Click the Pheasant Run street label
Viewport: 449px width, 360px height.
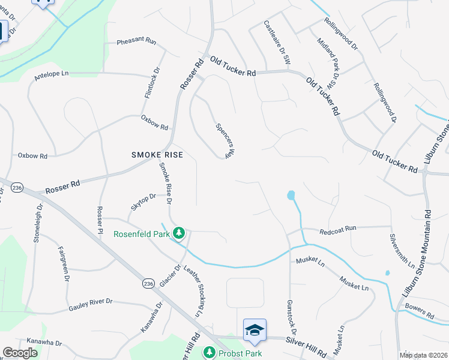tap(136, 41)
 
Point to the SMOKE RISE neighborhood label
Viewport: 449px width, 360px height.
tap(157, 155)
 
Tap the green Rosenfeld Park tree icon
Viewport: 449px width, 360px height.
tap(178, 232)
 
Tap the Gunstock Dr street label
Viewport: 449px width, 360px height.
tap(292, 317)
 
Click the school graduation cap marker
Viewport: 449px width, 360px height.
tap(255, 329)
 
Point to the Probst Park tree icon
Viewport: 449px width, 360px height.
tap(209, 352)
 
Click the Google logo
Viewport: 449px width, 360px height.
tap(20, 353)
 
